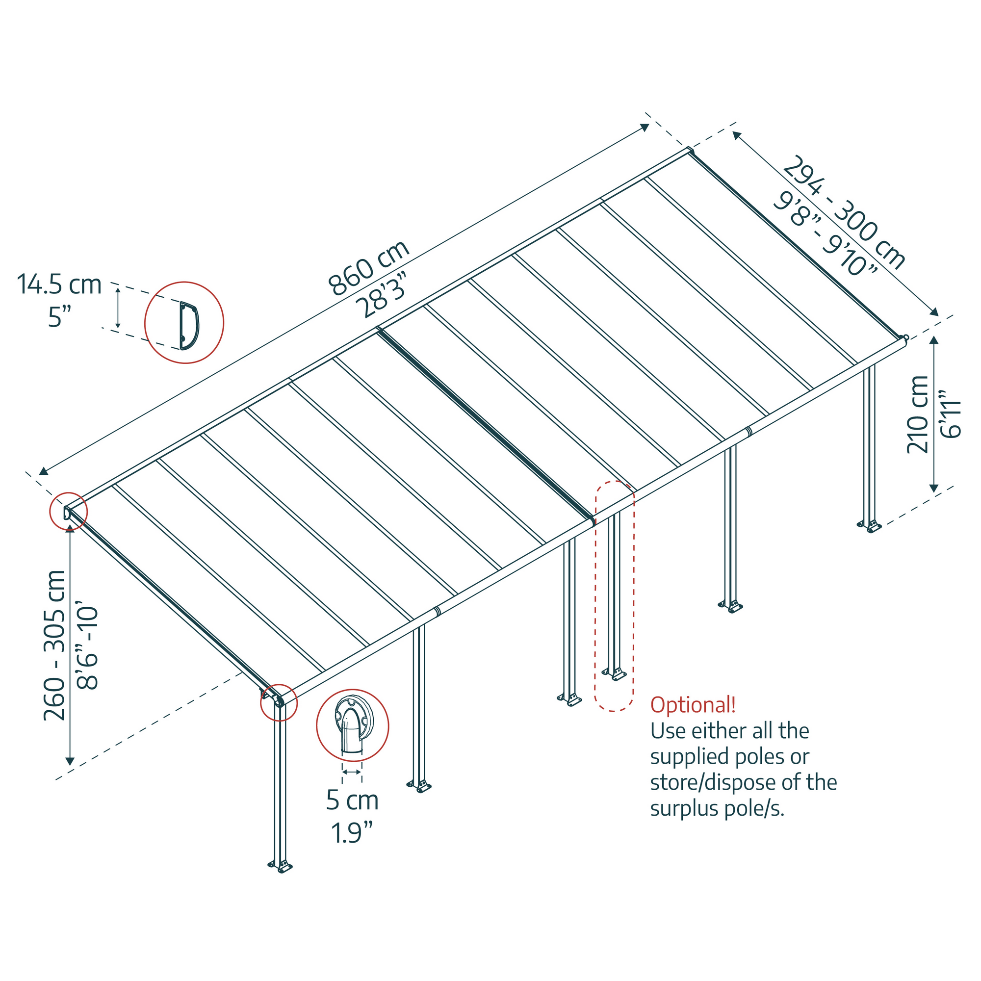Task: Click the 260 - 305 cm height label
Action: point(55,645)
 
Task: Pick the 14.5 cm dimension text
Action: point(59,284)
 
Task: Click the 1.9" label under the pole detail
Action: point(352,833)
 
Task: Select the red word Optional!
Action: point(693,705)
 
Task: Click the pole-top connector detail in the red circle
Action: point(352,725)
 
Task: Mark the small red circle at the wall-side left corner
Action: point(68,511)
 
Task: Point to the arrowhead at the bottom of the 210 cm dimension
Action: point(934,489)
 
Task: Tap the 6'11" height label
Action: point(951,414)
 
